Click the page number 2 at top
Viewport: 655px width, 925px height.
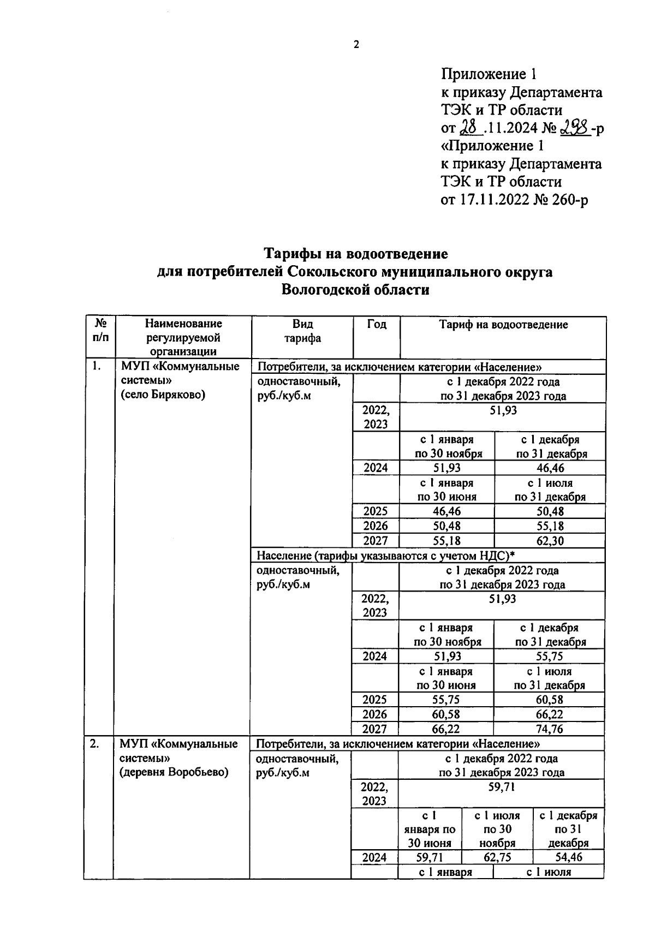pyautogui.click(x=356, y=45)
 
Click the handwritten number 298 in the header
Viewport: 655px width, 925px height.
pyautogui.click(x=574, y=128)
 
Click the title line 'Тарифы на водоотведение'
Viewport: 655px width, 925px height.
pyautogui.click(x=356, y=254)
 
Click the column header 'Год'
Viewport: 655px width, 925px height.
pyautogui.click(x=376, y=325)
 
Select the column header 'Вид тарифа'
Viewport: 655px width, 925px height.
pyautogui.click(x=302, y=331)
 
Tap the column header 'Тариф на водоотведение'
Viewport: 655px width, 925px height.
pyautogui.click(x=503, y=325)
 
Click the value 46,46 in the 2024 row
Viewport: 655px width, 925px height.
pyautogui.click(x=550, y=468)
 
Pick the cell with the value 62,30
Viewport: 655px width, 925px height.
pyautogui.click(x=550, y=541)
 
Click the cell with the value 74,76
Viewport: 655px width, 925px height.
pyautogui.click(x=549, y=729)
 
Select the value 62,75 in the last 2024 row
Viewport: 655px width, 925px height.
pyautogui.click(x=497, y=857)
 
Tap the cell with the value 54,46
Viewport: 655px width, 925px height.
pyautogui.click(x=568, y=857)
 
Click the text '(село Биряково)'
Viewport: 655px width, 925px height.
pyautogui.click(x=162, y=395)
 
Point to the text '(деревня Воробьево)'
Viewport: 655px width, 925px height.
pyautogui.click(x=174, y=772)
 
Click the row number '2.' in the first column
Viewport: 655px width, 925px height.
pyautogui.click(x=95, y=744)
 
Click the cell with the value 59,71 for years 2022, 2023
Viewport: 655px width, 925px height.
pyautogui.click(x=501, y=787)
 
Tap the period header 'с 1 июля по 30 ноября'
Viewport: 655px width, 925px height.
pyautogui.click(x=497, y=829)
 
